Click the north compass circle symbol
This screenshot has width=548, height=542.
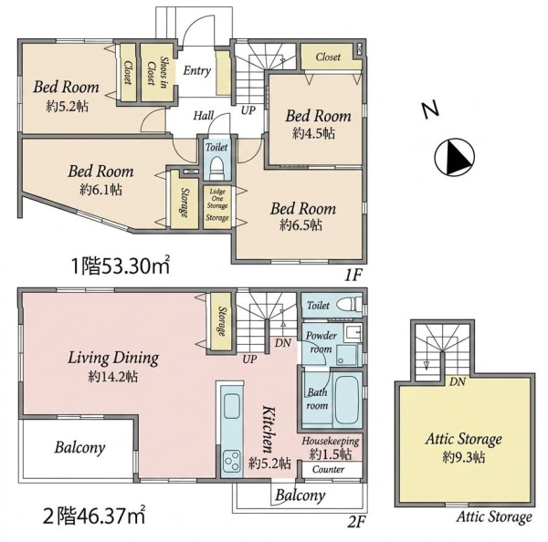454,156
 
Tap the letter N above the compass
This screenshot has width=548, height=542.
430,110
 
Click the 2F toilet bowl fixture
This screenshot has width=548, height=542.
350,304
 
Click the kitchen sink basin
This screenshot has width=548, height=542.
232,405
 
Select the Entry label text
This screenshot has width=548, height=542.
197,70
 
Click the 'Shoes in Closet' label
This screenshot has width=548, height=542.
157,71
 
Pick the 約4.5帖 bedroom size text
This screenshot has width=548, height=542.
313,133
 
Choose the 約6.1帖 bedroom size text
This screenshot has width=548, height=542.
100,190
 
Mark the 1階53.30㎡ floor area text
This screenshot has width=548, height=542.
121,266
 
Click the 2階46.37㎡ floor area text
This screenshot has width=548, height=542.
94,516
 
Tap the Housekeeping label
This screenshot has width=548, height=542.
331,441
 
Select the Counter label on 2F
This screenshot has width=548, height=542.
328,469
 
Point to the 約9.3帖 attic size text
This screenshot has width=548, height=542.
463,457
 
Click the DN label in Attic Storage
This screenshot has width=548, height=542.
458,381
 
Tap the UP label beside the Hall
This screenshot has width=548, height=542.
248,110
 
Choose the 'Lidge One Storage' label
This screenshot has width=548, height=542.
217,198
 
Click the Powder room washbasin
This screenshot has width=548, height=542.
353,332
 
